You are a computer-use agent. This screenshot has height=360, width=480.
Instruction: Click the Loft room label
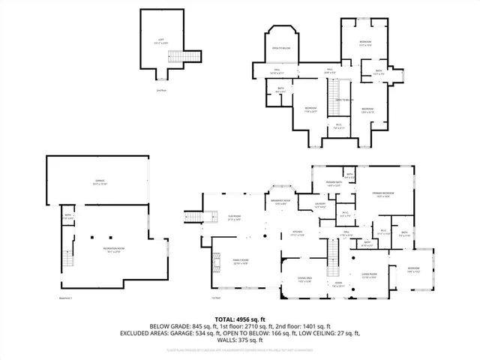click(160, 43)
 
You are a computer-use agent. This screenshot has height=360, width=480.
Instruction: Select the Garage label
click(99, 182)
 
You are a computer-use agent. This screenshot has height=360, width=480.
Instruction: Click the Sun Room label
click(234, 217)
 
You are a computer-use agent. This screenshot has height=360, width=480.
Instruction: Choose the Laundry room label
click(319, 205)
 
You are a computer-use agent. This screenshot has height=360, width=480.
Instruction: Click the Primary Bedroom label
click(384, 194)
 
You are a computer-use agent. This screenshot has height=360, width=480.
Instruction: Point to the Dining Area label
click(304, 278)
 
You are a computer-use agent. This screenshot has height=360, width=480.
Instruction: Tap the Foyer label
click(339, 285)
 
